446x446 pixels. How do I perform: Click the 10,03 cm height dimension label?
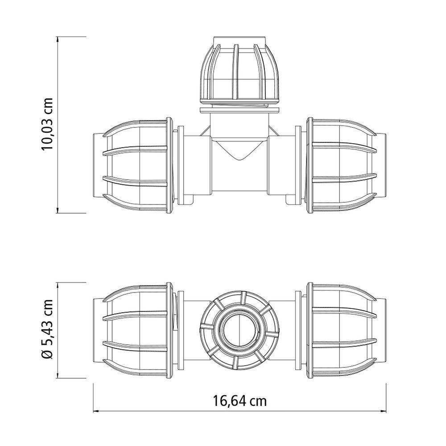(47, 124)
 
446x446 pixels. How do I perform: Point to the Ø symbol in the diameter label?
(47, 355)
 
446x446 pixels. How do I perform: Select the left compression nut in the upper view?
(137, 165)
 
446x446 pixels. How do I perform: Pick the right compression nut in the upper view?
(342, 165)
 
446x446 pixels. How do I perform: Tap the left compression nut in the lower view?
(137, 330)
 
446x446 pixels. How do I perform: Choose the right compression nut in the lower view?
(342, 330)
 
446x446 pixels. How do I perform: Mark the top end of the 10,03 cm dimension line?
(59, 37)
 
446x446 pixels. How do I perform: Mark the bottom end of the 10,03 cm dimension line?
(59, 213)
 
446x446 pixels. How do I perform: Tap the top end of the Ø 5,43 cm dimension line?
(59, 283)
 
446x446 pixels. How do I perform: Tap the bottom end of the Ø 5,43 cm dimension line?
(59, 377)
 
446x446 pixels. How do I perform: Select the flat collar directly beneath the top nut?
(240, 108)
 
